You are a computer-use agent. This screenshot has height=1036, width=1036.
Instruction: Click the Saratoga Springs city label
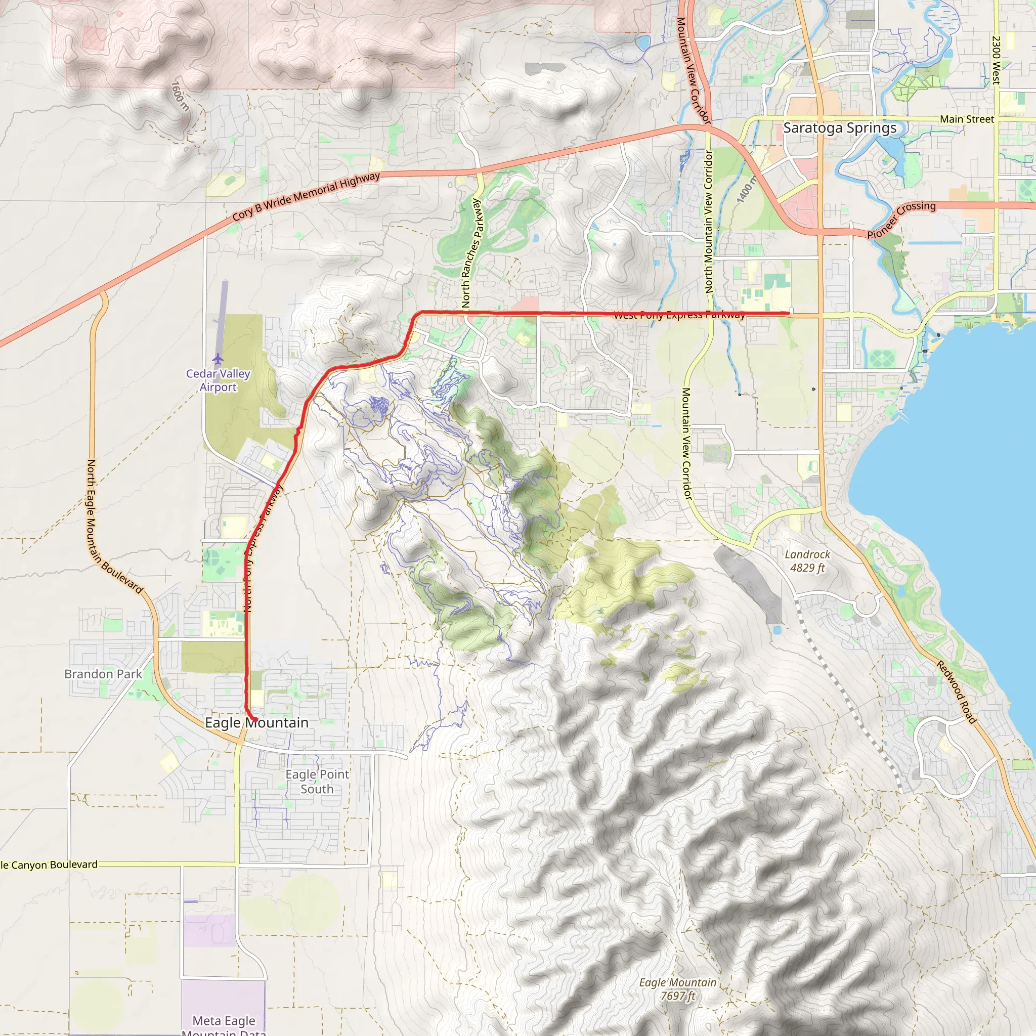point(840,128)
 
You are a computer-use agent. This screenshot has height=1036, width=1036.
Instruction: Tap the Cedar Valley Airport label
point(218,380)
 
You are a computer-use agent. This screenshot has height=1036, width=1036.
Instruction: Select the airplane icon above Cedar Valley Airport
point(218,358)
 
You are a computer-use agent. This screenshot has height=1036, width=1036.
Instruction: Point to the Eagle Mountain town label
point(257,723)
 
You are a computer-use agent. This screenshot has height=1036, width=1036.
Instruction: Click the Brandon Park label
point(103,674)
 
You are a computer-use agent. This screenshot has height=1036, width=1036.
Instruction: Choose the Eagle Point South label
point(317,782)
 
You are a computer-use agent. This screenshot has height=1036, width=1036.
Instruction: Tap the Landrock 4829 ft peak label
point(807,561)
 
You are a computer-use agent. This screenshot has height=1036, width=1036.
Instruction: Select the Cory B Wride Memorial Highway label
point(306,197)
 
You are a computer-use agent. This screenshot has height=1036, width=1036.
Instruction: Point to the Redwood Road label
point(957,692)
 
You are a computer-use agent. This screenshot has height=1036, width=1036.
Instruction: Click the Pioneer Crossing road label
point(901,220)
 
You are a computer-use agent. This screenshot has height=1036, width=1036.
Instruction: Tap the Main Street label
point(967,119)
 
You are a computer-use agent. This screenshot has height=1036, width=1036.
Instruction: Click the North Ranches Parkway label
point(472,253)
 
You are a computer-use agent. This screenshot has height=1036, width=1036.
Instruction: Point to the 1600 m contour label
point(180,96)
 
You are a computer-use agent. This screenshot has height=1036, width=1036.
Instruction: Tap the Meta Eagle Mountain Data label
point(224,1025)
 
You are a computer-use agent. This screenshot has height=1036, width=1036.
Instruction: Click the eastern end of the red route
point(789,312)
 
